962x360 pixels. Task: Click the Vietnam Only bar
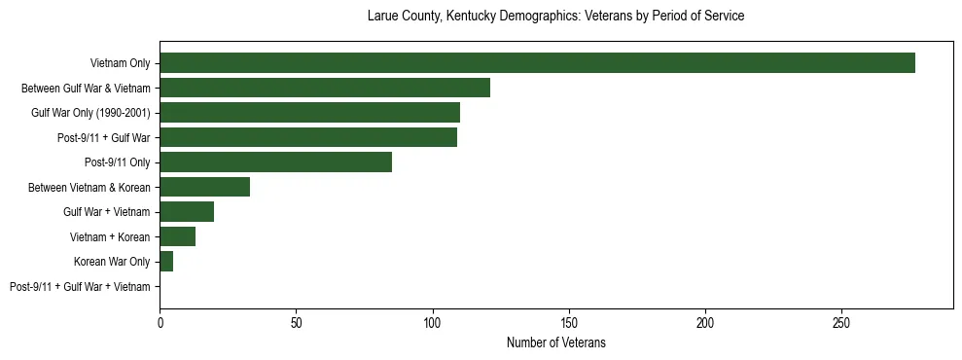pos(537,63)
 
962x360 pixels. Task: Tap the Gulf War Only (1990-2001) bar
pos(309,113)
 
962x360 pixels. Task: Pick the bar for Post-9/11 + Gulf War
pos(307,137)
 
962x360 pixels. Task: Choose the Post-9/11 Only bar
pos(275,162)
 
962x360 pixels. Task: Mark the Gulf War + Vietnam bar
pos(187,212)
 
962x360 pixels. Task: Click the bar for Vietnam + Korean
pos(177,236)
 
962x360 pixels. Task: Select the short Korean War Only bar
pos(166,262)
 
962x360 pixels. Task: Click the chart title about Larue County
pos(555,17)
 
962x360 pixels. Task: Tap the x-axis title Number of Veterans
pos(555,342)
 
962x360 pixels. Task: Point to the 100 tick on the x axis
pos(433,321)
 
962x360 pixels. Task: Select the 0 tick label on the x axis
pos(160,321)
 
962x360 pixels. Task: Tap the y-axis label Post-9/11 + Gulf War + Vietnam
pos(80,287)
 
